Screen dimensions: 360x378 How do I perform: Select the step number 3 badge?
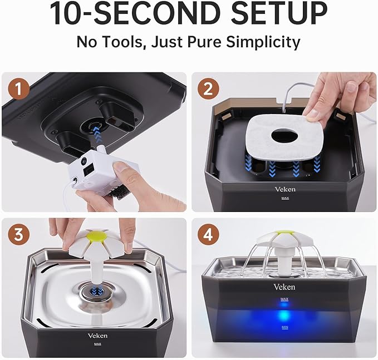coord(19,235)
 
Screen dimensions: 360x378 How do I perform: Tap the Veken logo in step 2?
coord(285,189)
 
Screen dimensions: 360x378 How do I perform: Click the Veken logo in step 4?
coord(284,287)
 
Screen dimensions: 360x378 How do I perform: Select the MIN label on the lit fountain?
coord(284,328)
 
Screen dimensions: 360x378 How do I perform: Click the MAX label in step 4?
coord(284,299)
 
